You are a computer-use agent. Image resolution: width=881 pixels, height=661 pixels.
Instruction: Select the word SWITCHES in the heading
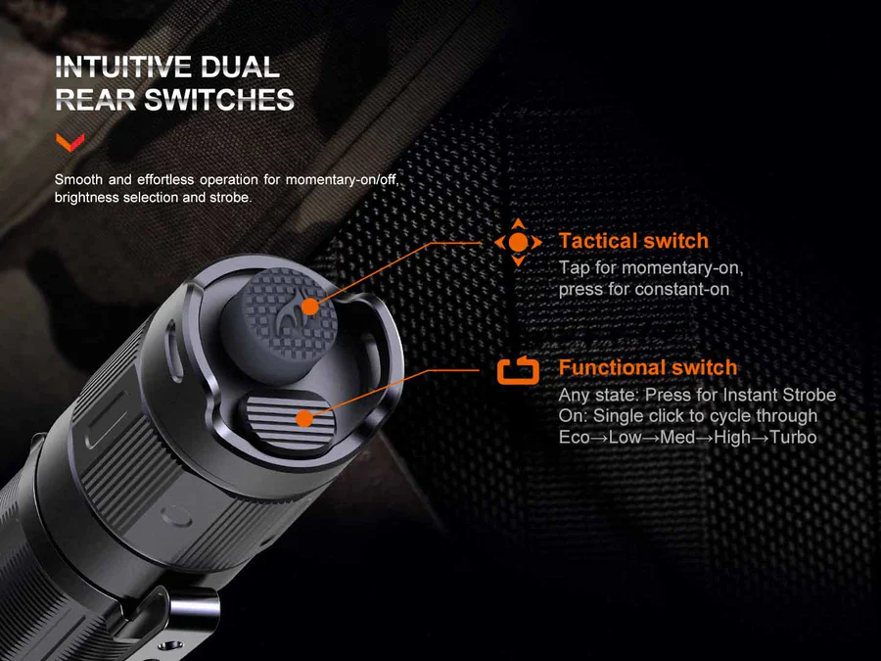[x=218, y=100]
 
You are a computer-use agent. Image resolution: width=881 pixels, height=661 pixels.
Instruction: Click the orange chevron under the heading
[x=68, y=143]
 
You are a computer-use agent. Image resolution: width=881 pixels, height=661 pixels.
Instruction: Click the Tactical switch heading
[x=632, y=241]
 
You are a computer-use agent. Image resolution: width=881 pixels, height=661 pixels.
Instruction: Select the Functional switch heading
[x=647, y=367]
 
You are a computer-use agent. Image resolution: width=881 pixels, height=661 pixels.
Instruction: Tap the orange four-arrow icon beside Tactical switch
[x=519, y=242]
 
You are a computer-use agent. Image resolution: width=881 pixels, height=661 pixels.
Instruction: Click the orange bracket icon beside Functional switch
[x=519, y=370]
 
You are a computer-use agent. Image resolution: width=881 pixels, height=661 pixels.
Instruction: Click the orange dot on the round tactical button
[x=310, y=307]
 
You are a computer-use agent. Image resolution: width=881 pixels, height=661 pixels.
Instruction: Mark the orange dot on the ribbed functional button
[x=304, y=418]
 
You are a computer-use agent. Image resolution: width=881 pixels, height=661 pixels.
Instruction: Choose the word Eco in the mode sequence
[x=575, y=437]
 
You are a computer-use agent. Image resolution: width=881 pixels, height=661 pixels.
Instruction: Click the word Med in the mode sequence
[x=677, y=437]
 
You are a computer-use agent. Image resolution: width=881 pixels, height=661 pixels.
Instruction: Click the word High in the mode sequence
[x=732, y=437]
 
